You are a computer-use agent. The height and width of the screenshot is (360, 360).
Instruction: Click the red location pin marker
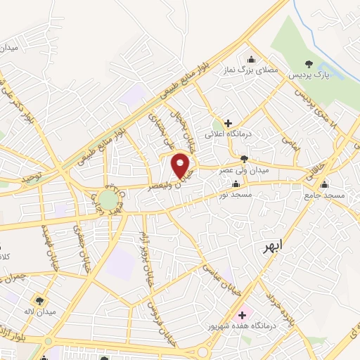point(181,165)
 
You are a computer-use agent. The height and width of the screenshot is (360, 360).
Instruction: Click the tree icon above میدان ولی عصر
point(244,159)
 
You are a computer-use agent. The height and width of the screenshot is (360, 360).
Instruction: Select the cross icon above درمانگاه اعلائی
point(228,122)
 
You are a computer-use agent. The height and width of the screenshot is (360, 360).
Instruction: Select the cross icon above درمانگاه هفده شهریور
point(243,314)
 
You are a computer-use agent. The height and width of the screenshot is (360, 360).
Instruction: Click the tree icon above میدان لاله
point(39,300)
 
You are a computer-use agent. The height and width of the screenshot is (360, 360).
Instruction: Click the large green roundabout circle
point(108,200)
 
